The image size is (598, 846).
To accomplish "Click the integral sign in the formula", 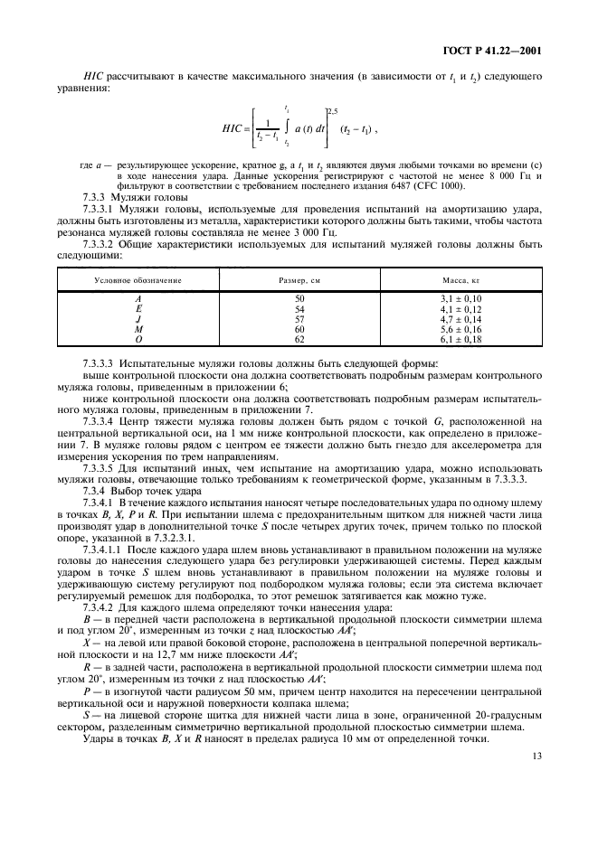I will (286, 129).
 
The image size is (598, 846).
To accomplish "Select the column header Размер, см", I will (300, 281).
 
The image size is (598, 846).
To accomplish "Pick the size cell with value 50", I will (299, 298).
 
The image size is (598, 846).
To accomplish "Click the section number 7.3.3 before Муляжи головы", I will (97, 196).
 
